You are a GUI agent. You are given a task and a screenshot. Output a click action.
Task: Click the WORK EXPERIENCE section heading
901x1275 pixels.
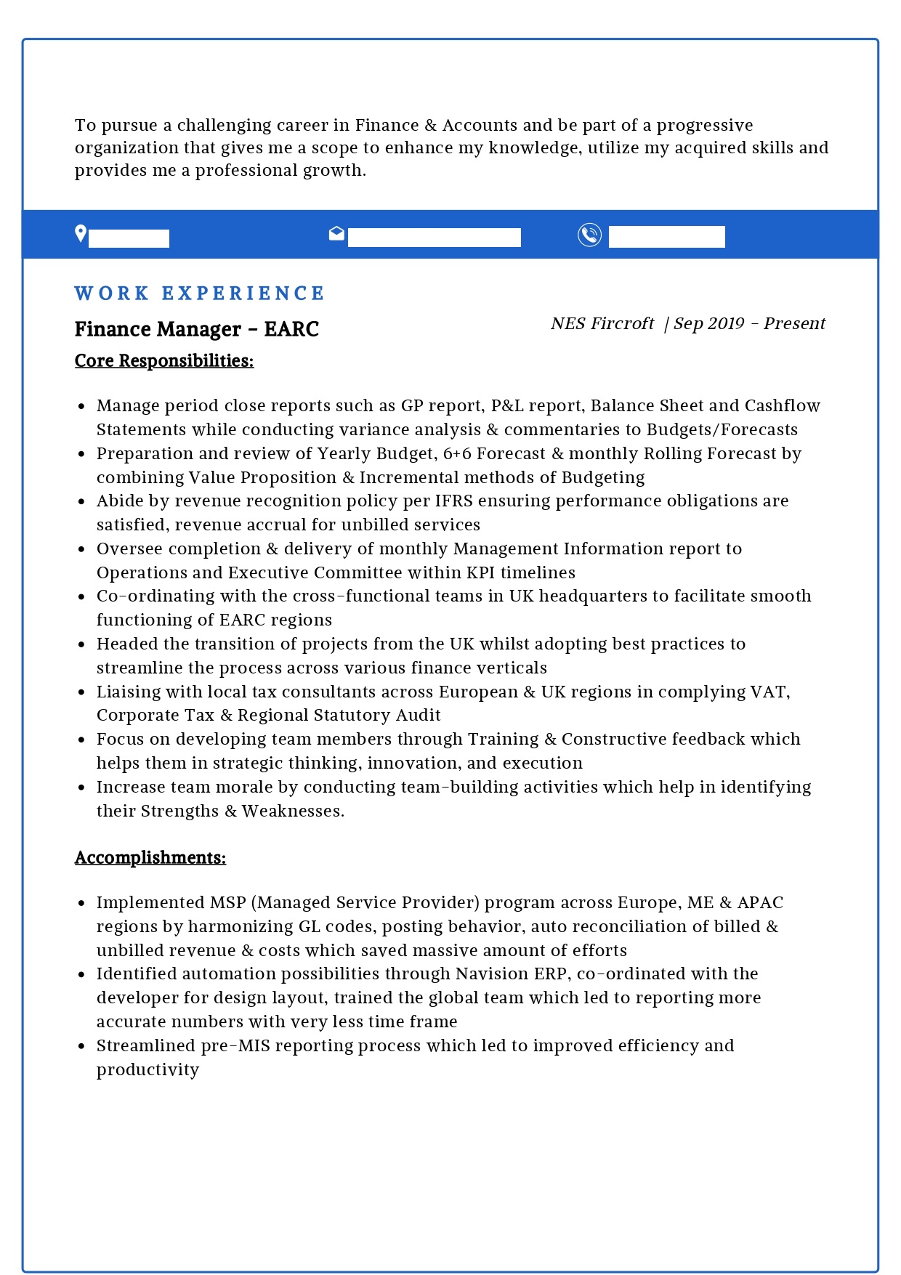click(199, 294)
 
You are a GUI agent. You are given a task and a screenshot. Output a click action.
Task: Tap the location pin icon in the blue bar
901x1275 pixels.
click(81, 234)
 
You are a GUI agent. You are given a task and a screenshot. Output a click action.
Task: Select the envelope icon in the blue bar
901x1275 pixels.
click(336, 233)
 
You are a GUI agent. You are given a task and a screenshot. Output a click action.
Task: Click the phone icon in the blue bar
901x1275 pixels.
click(589, 235)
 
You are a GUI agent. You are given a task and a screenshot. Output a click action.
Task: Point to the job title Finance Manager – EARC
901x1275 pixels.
click(197, 329)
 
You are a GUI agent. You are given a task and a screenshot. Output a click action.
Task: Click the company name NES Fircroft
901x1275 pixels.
click(602, 324)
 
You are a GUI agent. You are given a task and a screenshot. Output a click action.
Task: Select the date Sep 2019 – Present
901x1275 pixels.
click(749, 324)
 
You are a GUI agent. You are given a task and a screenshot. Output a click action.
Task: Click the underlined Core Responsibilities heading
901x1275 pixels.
click(164, 361)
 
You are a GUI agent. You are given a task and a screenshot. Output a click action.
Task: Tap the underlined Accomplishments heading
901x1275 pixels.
click(150, 858)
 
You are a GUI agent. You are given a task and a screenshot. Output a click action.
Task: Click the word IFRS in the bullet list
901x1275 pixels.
click(453, 501)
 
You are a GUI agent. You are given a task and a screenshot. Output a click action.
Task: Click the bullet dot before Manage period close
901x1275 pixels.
click(82, 407)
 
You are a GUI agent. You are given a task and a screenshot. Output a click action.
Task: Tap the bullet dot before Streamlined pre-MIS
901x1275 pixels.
click(82, 1047)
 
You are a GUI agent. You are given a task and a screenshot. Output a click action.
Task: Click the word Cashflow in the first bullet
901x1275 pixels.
click(783, 406)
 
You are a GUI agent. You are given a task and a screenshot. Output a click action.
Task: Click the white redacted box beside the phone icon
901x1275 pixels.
click(666, 237)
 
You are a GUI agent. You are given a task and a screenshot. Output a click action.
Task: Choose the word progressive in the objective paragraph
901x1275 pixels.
click(705, 126)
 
